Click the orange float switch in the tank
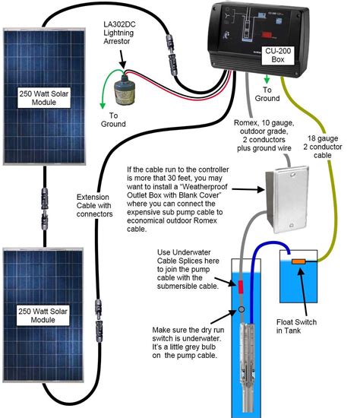point(300,263)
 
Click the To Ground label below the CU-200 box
point(267,93)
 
